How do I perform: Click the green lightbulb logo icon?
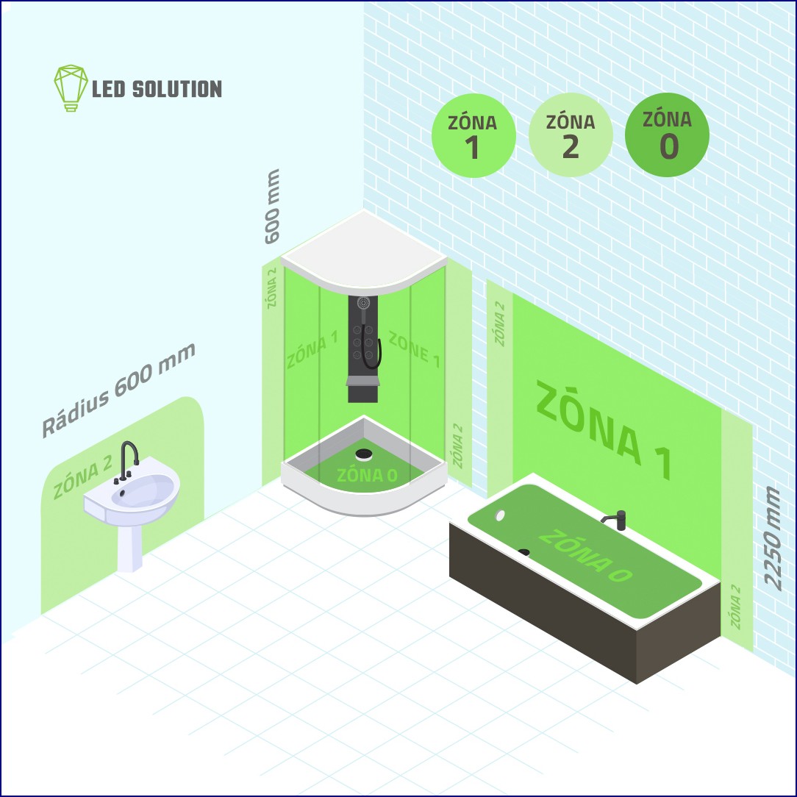point(71,87)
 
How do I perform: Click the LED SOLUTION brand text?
point(157,89)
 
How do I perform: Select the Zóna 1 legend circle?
point(473,135)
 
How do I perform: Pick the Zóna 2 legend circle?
point(571,135)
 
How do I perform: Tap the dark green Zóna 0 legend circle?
point(668,135)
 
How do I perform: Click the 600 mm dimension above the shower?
point(273,207)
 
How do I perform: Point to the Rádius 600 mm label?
point(118,390)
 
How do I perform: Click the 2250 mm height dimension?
point(771,539)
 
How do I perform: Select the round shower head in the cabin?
point(363,304)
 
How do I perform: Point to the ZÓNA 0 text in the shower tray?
point(367,475)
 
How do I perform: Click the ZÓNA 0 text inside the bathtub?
point(585,556)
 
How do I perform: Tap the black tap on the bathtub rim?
point(615,521)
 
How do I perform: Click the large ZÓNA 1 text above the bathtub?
point(604,430)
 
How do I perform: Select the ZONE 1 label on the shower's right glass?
point(414,349)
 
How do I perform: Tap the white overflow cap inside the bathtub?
point(500,515)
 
